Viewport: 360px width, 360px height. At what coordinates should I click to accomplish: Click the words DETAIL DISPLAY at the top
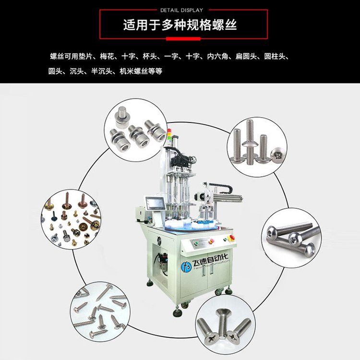181,10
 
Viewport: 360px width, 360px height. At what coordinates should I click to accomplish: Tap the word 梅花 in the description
107,56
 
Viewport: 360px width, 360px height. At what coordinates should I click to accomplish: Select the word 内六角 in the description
217,56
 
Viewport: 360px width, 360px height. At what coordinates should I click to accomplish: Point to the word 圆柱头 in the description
275,56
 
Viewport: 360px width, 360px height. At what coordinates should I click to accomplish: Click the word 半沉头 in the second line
102,71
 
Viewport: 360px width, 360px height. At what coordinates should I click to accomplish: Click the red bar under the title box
183,39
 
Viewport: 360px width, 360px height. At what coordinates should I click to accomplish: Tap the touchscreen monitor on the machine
155,204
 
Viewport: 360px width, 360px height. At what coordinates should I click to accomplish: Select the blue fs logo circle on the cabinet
186,267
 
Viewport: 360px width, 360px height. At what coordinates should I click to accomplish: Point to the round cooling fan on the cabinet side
160,241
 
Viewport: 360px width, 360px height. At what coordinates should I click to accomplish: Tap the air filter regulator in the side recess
164,264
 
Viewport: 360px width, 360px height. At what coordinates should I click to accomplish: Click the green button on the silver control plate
196,243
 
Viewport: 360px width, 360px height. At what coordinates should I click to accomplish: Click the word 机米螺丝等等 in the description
141,71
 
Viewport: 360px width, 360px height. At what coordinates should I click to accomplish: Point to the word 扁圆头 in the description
246,56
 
